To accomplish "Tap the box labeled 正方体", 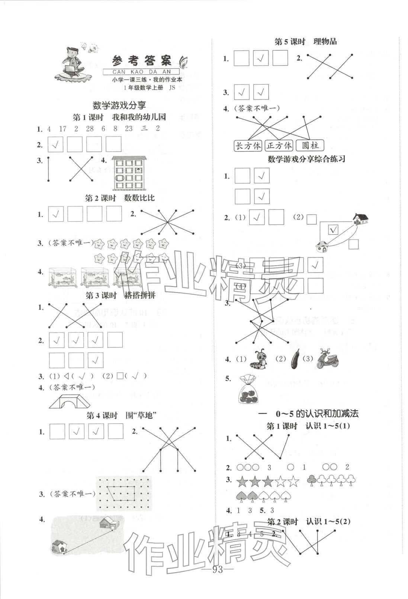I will (279, 145).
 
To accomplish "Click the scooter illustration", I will (327, 359).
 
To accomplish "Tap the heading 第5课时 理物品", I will (305, 42).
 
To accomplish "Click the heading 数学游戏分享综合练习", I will (306, 159).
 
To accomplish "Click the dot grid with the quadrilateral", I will (124, 493).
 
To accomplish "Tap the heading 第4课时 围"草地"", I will (120, 415).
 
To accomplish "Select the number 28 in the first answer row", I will (89, 129).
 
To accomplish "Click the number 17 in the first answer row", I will (62, 129).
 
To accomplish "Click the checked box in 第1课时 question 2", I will (56, 144).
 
